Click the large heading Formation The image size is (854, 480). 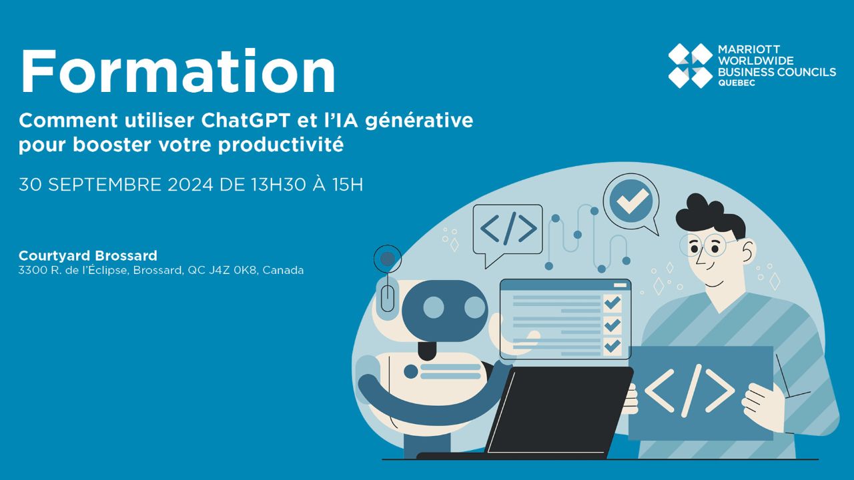(x=178, y=71)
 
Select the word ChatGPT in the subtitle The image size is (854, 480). (x=246, y=121)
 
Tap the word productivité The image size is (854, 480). (x=281, y=145)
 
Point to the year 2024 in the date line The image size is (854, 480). (x=190, y=185)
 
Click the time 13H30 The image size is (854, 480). (x=278, y=185)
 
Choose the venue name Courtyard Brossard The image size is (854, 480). (x=88, y=255)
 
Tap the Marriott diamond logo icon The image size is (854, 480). (x=691, y=66)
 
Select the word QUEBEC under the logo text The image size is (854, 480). (x=737, y=83)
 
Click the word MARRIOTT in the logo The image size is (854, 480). (x=749, y=49)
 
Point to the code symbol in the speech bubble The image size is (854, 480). (x=508, y=229)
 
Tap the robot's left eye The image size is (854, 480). (x=434, y=307)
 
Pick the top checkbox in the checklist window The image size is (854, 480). (x=612, y=303)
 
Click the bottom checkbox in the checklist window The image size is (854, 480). (x=612, y=346)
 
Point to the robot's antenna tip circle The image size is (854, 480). (x=388, y=259)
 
